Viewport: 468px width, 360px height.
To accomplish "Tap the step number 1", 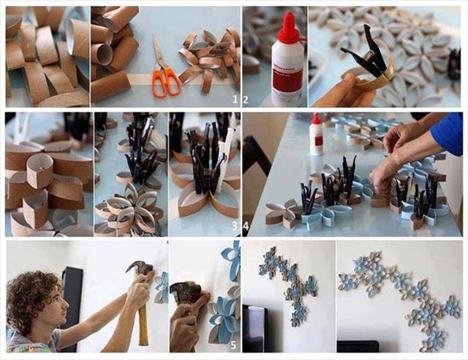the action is tap(235, 100).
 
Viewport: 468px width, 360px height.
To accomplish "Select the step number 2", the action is tap(246, 100).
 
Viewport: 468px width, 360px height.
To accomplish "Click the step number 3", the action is tap(235, 226).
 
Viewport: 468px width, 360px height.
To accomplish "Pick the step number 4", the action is tap(246, 226).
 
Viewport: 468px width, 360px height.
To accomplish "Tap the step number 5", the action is tap(233, 345).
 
